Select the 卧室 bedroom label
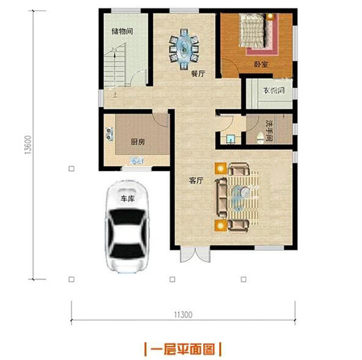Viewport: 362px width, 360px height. click(x=261, y=63)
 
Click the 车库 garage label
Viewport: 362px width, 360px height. click(x=126, y=198)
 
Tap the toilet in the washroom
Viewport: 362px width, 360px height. click(x=258, y=138)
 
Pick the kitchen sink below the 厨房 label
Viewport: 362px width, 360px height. click(x=136, y=161)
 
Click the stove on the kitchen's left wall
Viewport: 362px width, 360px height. click(x=109, y=134)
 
